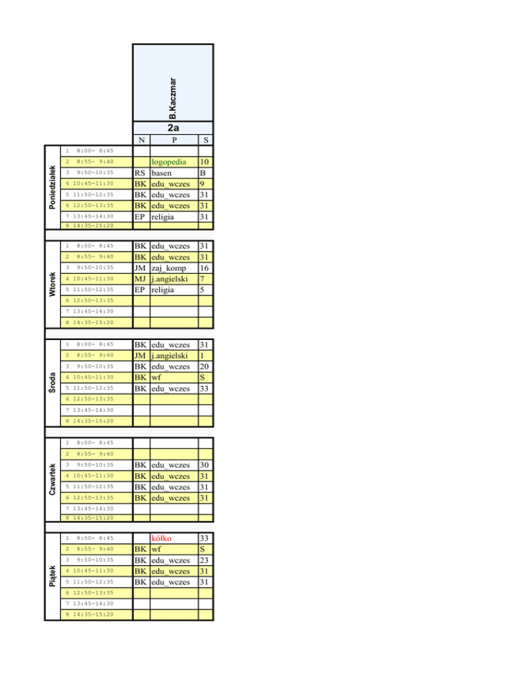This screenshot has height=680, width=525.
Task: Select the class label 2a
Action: [x=173, y=127]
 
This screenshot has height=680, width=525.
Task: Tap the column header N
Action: [x=140, y=140]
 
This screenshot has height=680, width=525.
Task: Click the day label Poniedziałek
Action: [x=52, y=186]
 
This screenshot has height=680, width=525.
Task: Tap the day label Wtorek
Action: [x=52, y=284]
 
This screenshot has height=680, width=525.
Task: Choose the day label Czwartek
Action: [x=52, y=478]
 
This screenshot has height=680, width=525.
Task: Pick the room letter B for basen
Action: [x=203, y=173]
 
